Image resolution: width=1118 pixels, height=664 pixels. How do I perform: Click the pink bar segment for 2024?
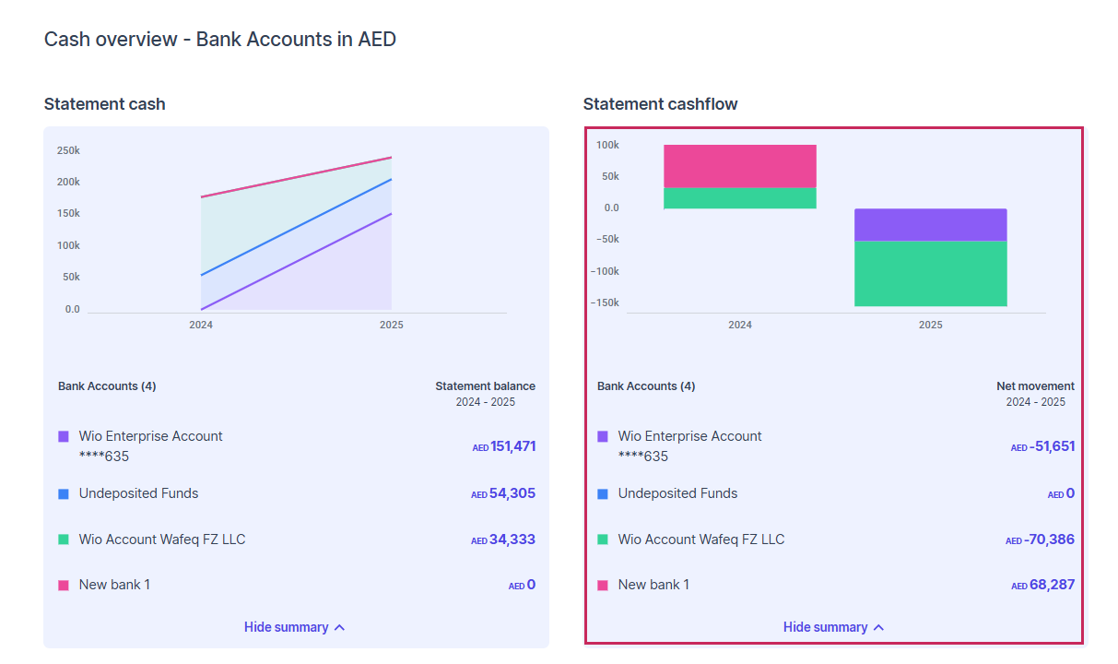pos(739,166)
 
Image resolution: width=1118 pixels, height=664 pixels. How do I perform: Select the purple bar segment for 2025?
pos(930,225)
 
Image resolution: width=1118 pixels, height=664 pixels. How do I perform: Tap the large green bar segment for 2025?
pos(930,274)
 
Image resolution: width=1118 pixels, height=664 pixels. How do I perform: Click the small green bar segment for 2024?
pos(739,198)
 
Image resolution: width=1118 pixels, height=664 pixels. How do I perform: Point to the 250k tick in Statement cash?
pos(68,150)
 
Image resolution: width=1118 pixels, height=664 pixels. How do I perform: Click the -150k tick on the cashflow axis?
pos(606,302)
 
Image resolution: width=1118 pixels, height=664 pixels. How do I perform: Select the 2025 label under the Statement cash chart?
pos(391,325)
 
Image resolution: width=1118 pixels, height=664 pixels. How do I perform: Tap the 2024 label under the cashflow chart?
pos(739,325)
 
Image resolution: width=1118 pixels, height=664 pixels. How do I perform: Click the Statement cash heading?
pos(104,104)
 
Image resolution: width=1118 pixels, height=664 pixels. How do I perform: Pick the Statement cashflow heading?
pos(660,104)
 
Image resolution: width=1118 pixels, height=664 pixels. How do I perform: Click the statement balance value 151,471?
pos(512,446)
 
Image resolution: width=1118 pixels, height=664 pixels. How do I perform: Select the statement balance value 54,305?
pos(512,493)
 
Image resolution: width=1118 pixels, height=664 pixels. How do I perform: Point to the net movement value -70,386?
pos(1050,539)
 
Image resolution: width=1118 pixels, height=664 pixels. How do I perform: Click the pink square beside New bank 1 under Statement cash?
pos(64,585)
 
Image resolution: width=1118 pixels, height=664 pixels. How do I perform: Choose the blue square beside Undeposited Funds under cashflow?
pos(603,493)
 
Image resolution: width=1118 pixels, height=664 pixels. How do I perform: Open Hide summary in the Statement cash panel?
pos(294,627)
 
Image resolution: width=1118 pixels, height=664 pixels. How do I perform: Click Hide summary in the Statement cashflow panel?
pos(833,627)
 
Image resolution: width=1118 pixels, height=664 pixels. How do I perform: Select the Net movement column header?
pos(1035,386)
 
